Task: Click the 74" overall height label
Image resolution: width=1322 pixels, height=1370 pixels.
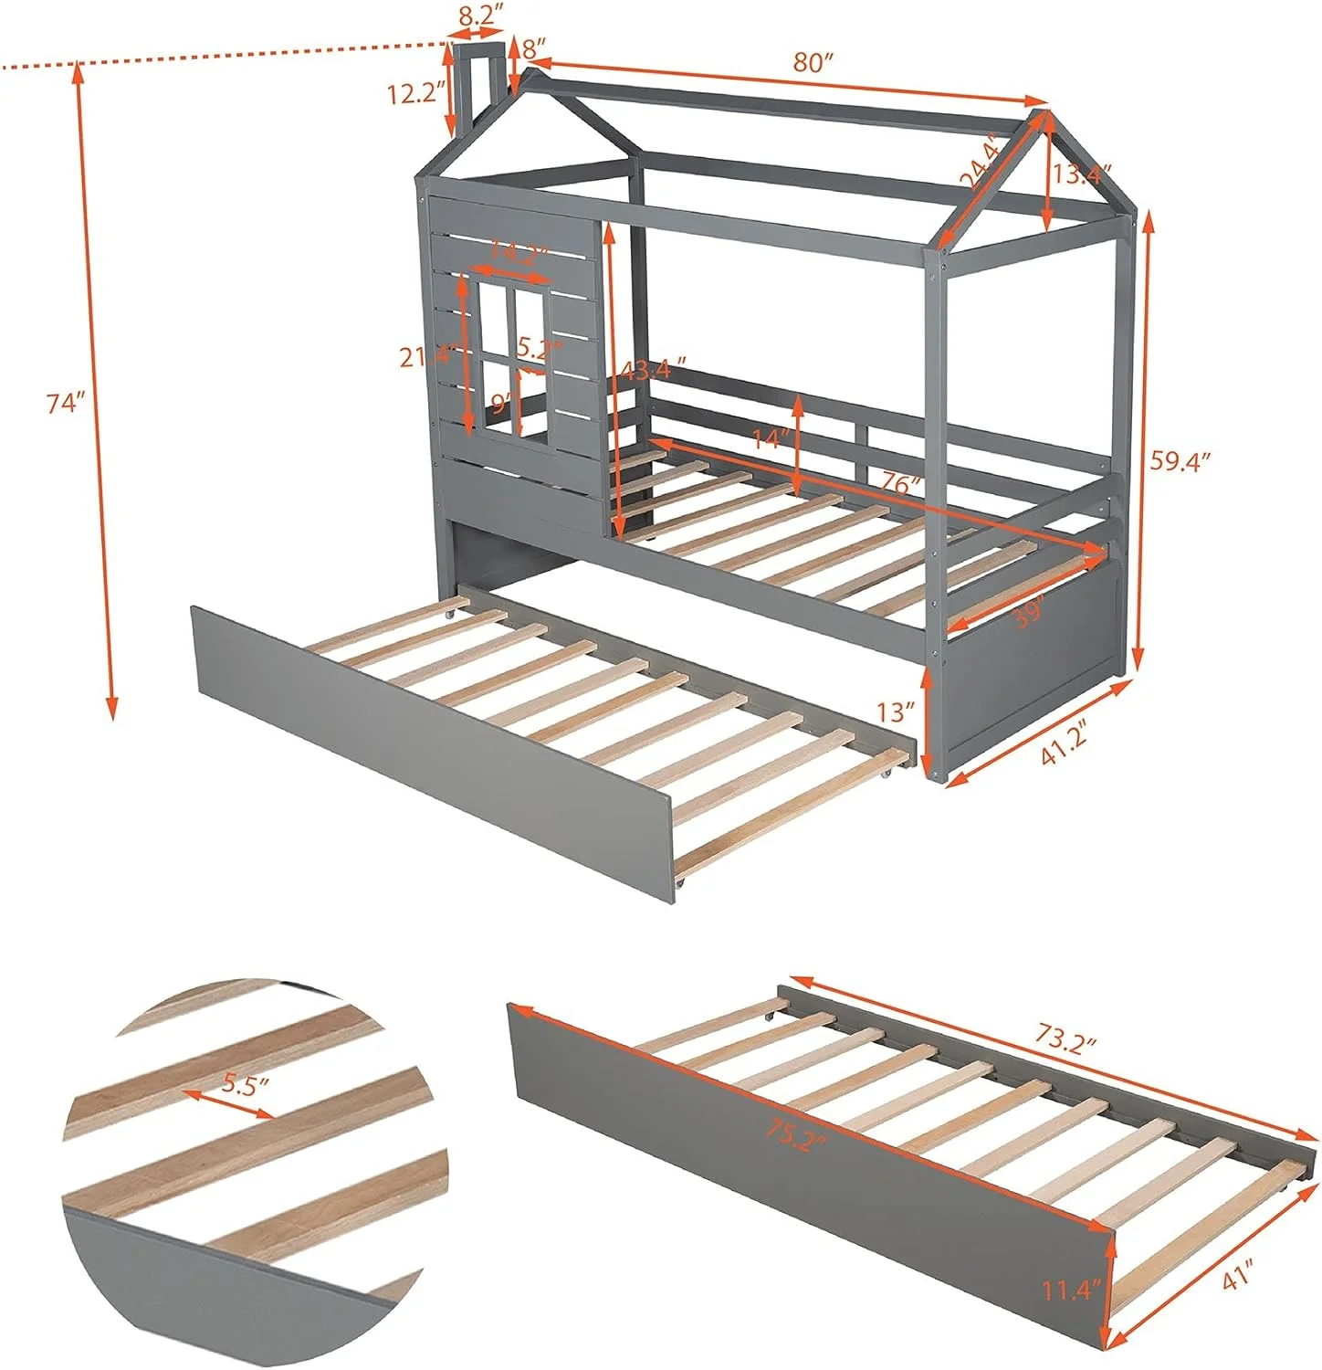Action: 66,403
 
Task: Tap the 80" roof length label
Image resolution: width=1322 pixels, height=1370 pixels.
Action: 814,63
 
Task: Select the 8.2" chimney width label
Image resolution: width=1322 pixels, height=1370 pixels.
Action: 479,15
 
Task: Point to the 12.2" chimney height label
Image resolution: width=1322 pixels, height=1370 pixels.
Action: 416,93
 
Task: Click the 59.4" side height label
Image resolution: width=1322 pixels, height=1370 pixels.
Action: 1180,461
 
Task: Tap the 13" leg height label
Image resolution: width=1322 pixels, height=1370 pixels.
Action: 897,710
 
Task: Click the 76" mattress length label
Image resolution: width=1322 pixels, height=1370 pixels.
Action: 900,485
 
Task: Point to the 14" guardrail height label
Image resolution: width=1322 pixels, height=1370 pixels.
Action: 769,439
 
